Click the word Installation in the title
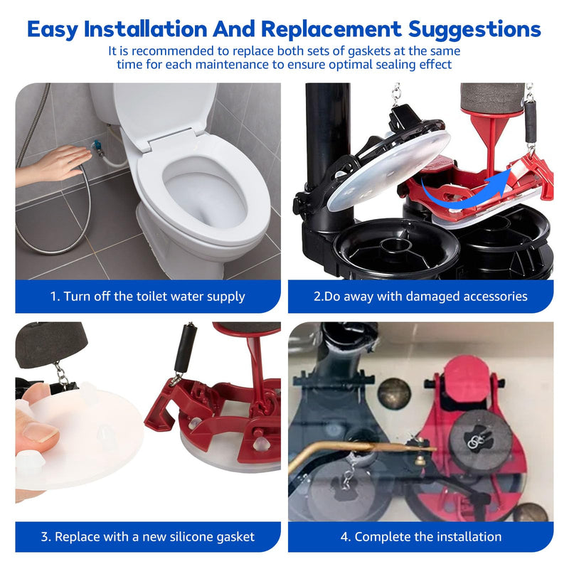(145, 29)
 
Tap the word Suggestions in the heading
(474, 30)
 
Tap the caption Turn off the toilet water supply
(148, 297)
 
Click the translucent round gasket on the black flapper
(389, 171)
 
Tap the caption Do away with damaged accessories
(420, 297)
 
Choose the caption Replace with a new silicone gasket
(148, 537)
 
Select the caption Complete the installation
(421, 537)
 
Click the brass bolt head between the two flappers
(394, 394)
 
